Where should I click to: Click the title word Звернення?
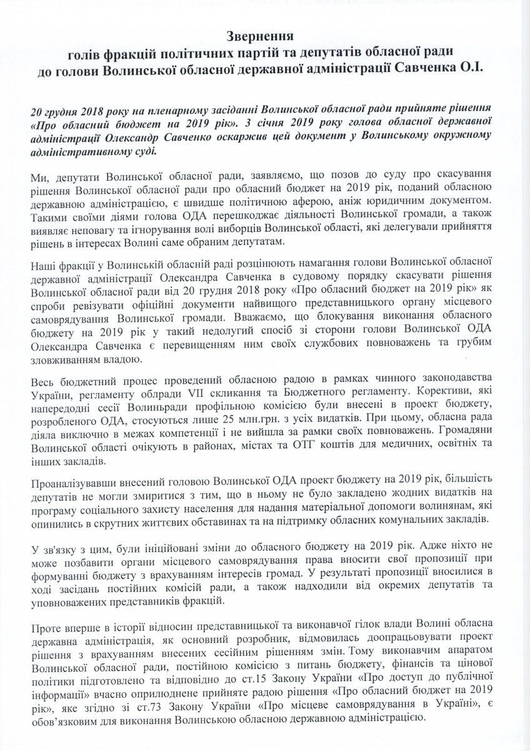tap(265, 36)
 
